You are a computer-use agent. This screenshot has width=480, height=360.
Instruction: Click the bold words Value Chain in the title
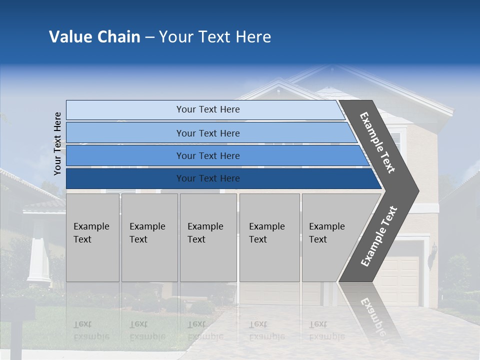point(94,37)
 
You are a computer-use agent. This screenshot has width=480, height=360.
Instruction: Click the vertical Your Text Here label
point(57,143)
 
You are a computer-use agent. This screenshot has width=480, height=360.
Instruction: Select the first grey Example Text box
point(92,237)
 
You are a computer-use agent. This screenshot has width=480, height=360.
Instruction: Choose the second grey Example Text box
point(149,237)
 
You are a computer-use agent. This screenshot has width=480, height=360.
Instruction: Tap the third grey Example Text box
point(208,237)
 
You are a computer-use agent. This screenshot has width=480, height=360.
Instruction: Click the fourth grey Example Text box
point(269,237)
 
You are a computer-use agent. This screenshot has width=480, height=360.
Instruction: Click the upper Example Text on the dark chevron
point(377,142)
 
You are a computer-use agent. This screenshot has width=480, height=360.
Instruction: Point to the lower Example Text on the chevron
point(379,236)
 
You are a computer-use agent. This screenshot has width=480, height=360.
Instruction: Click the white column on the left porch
point(38,260)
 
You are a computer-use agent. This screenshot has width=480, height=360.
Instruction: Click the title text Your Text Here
point(214,37)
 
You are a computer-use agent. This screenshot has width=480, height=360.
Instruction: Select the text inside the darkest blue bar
point(208,178)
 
